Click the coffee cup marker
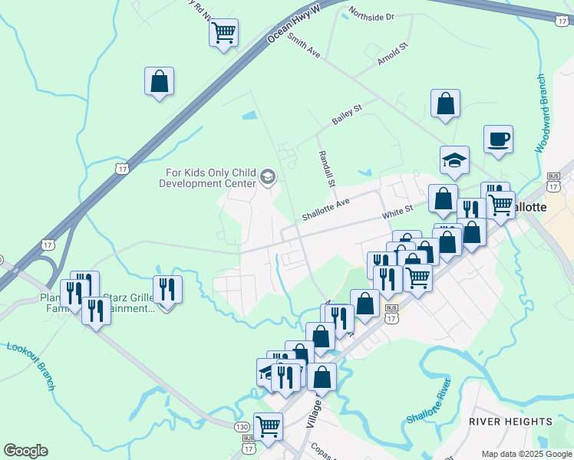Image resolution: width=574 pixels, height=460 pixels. point(498,140)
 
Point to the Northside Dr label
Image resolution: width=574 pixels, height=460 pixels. point(371,15)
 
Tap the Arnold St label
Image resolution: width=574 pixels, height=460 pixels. point(391,55)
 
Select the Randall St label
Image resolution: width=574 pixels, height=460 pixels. point(327,168)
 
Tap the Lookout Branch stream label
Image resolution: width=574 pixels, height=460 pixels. point(31,365)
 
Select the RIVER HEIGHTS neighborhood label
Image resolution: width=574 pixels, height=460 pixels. point(510,422)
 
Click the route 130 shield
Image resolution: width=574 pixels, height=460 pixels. point(242,426)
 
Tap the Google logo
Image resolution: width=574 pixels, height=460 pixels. point(25,451)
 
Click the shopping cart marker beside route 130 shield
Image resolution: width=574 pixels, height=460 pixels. point(268,426)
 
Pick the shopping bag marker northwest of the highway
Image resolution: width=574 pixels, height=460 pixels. point(159,80)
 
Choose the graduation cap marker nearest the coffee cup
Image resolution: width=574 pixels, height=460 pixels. point(454,160)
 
